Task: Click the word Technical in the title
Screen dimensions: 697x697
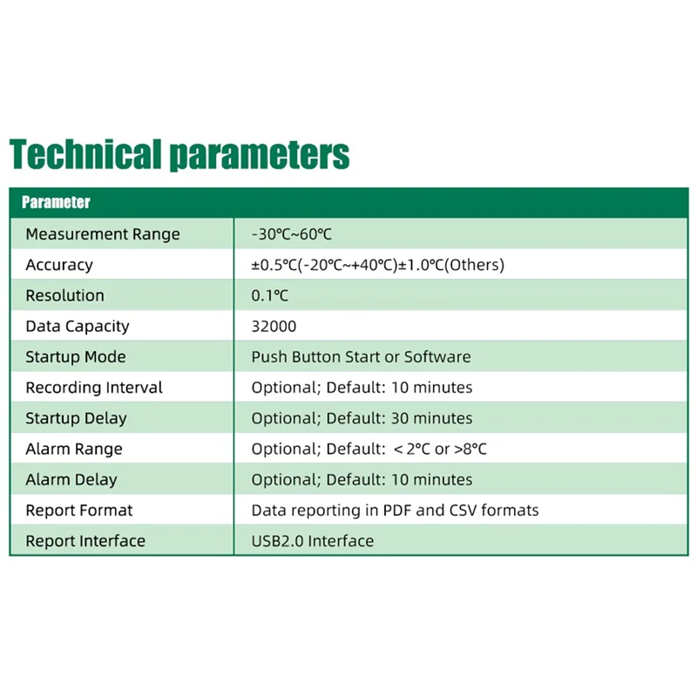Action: (85, 154)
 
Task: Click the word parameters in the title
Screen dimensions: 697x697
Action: (259, 156)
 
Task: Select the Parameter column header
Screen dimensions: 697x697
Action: (56, 203)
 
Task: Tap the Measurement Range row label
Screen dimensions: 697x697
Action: (103, 234)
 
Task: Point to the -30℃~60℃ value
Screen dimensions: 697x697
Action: (292, 234)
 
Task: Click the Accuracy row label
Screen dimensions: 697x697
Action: (59, 265)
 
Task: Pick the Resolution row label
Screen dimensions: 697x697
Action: (65, 295)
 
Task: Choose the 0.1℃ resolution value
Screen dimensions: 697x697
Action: (270, 295)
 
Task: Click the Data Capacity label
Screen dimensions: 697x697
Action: (78, 326)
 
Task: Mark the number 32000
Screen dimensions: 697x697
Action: (274, 326)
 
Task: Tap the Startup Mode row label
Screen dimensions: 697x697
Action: (76, 357)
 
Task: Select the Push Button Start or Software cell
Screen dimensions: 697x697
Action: (361, 357)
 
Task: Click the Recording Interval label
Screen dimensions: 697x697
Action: (94, 388)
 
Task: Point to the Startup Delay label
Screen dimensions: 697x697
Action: (77, 418)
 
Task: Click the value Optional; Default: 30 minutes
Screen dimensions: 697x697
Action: (362, 418)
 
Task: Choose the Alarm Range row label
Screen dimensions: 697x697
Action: (74, 449)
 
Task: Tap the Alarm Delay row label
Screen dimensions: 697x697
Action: (71, 479)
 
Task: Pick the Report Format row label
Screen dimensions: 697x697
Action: (79, 511)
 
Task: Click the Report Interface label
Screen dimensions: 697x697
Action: (85, 541)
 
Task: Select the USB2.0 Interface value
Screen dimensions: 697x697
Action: (313, 541)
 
